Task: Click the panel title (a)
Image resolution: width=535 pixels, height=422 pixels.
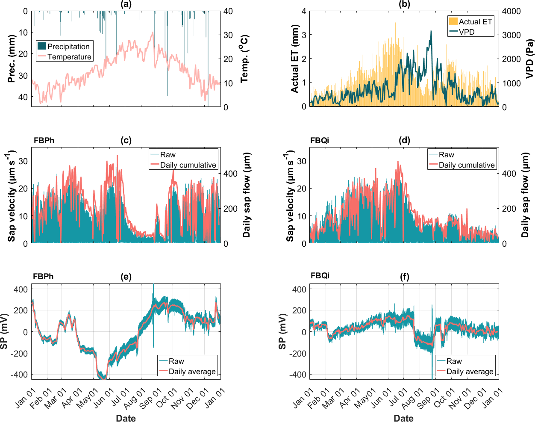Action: click(x=126, y=4)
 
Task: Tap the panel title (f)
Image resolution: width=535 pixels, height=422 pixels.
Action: click(x=404, y=277)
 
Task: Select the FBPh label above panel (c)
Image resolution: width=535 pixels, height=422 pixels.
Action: click(x=44, y=141)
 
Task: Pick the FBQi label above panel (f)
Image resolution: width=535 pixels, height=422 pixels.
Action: click(x=320, y=276)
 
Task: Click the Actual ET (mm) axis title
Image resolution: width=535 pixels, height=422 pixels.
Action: click(x=295, y=59)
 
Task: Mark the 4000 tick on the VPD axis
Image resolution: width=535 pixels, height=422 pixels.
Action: click(x=511, y=12)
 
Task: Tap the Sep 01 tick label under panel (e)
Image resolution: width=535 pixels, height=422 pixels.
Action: click(x=150, y=398)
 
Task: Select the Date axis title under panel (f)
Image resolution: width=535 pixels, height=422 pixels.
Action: click(x=403, y=418)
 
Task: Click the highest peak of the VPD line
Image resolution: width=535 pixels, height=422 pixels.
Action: click(x=431, y=31)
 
